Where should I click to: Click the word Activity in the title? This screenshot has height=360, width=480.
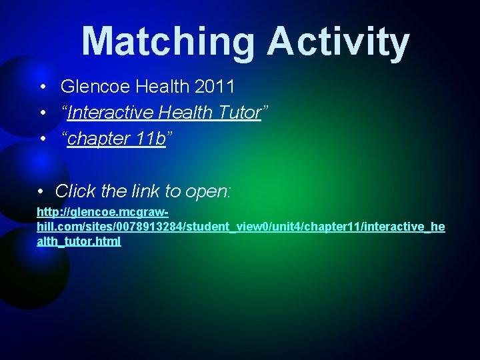click(338, 41)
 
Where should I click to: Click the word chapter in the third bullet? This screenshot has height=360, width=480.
click(98, 139)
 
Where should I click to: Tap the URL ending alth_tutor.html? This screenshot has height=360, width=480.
click(79, 241)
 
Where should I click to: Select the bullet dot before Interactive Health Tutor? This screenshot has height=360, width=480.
click(42, 113)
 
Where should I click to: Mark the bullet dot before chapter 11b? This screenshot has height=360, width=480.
click(42, 139)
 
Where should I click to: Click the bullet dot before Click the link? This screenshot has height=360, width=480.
click(41, 192)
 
